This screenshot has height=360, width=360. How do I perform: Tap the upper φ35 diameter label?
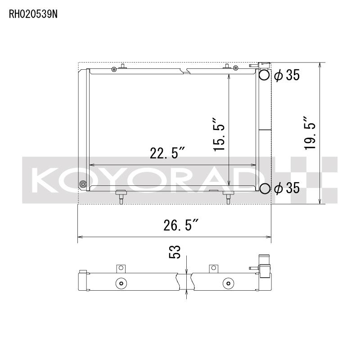point(286,76)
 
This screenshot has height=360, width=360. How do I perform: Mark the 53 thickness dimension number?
point(175,252)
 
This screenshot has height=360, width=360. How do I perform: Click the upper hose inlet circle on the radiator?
point(265,75)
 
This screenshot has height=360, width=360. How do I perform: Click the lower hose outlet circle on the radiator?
point(265,189)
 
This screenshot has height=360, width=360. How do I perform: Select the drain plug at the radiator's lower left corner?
point(82,184)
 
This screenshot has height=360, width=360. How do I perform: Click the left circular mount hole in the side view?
point(120,283)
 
